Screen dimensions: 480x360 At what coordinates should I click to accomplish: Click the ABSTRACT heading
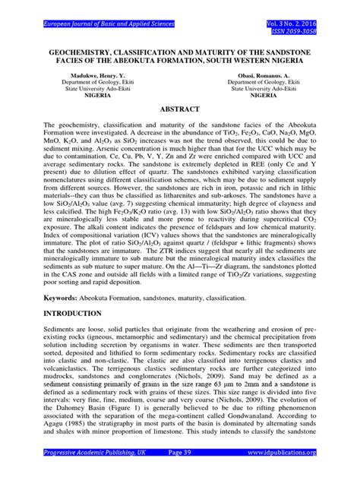[179, 109]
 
